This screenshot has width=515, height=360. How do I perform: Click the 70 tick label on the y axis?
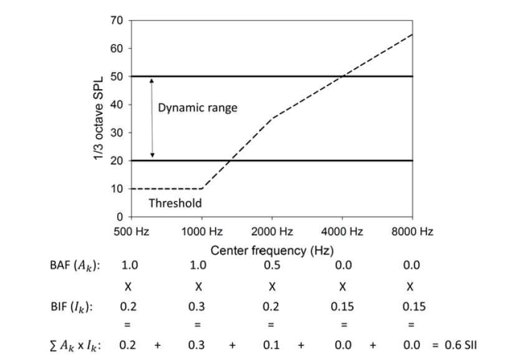click(x=117, y=21)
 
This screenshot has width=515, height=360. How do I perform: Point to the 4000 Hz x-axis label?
click(x=342, y=231)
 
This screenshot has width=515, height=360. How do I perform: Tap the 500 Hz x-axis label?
click(x=132, y=231)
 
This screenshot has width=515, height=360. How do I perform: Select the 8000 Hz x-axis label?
click(x=412, y=231)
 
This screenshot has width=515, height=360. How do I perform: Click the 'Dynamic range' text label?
click(x=198, y=108)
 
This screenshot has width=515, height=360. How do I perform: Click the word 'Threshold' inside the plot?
click(x=175, y=203)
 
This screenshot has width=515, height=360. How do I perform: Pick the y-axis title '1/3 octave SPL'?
click(x=99, y=119)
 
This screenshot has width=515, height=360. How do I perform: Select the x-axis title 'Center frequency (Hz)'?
click(x=272, y=251)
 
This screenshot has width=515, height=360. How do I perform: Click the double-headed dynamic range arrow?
click(x=152, y=119)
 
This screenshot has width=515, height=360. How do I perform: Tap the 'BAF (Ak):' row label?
click(x=75, y=265)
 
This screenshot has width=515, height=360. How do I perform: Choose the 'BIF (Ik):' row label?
click(x=72, y=307)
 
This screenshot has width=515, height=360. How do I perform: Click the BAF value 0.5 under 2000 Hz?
click(x=272, y=265)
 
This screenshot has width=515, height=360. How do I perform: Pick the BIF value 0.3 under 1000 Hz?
click(x=196, y=307)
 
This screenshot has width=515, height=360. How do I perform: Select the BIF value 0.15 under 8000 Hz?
click(x=414, y=307)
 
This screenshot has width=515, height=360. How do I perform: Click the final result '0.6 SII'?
click(x=461, y=345)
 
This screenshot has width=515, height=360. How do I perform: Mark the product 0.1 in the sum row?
click(x=271, y=345)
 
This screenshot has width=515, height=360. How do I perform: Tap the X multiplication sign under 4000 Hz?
click(x=342, y=287)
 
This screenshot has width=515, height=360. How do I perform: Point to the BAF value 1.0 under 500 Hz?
click(x=130, y=265)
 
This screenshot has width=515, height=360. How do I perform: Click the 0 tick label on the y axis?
click(x=120, y=217)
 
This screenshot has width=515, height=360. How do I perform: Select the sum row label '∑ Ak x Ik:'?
click(x=75, y=346)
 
